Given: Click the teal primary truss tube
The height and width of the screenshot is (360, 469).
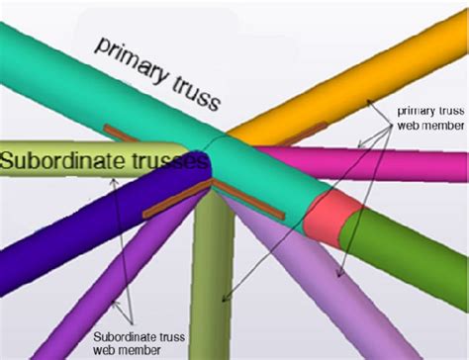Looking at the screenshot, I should tap(109, 59).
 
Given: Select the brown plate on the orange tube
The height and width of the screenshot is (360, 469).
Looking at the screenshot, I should tap(306, 129).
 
